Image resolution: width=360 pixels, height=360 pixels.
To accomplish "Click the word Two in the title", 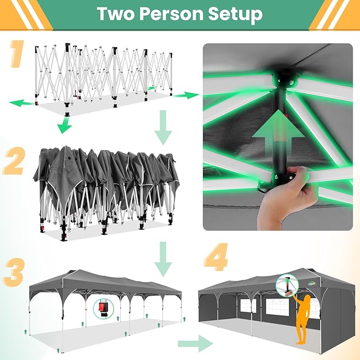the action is [x=116, y=14].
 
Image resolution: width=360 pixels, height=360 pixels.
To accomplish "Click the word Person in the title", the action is [x=171, y=14].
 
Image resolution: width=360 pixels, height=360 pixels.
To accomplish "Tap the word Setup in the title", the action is [x=235, y=15].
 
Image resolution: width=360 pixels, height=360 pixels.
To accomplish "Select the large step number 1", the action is [x=17, y=54].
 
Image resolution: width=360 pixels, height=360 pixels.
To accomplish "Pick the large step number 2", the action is [x=14, y=161].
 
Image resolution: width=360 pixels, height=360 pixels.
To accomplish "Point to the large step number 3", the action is [x=14, y=273].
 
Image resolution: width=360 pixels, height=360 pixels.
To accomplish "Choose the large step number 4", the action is [x=216, y=257].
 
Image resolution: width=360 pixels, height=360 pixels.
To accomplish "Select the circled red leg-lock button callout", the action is [x=103, y=309].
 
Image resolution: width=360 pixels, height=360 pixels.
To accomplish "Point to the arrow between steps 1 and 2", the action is [x=163, y=127].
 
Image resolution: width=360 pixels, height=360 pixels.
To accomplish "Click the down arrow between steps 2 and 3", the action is [x=163, y=259].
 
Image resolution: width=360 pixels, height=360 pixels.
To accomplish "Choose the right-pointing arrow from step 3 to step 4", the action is [x=196, y=344].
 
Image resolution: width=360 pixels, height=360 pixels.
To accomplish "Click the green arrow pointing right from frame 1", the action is [x=186, y=95].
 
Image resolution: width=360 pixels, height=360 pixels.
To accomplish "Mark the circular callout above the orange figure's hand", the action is [x=287, y=285].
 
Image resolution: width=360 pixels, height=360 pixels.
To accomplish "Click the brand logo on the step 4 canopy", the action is [x=312, y=284].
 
